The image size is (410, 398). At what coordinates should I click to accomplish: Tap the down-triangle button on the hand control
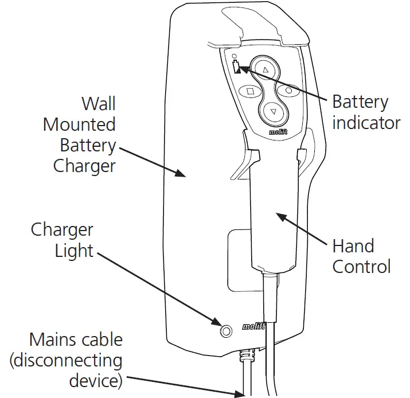tap(273, 111)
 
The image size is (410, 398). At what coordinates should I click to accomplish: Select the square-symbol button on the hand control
tap(250, 91)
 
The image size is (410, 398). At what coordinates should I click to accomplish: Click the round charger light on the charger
tap(227, 331)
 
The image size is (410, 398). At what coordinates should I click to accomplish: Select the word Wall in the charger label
tap(98, 104)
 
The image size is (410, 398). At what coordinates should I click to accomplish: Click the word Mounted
tap(79, 124)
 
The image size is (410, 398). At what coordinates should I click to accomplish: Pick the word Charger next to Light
tap(62, 230)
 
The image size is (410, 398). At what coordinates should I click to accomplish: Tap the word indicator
tap(366, 123)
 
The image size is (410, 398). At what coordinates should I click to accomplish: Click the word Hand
tap(353, 246)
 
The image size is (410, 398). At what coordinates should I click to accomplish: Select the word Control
tap(361, 267)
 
